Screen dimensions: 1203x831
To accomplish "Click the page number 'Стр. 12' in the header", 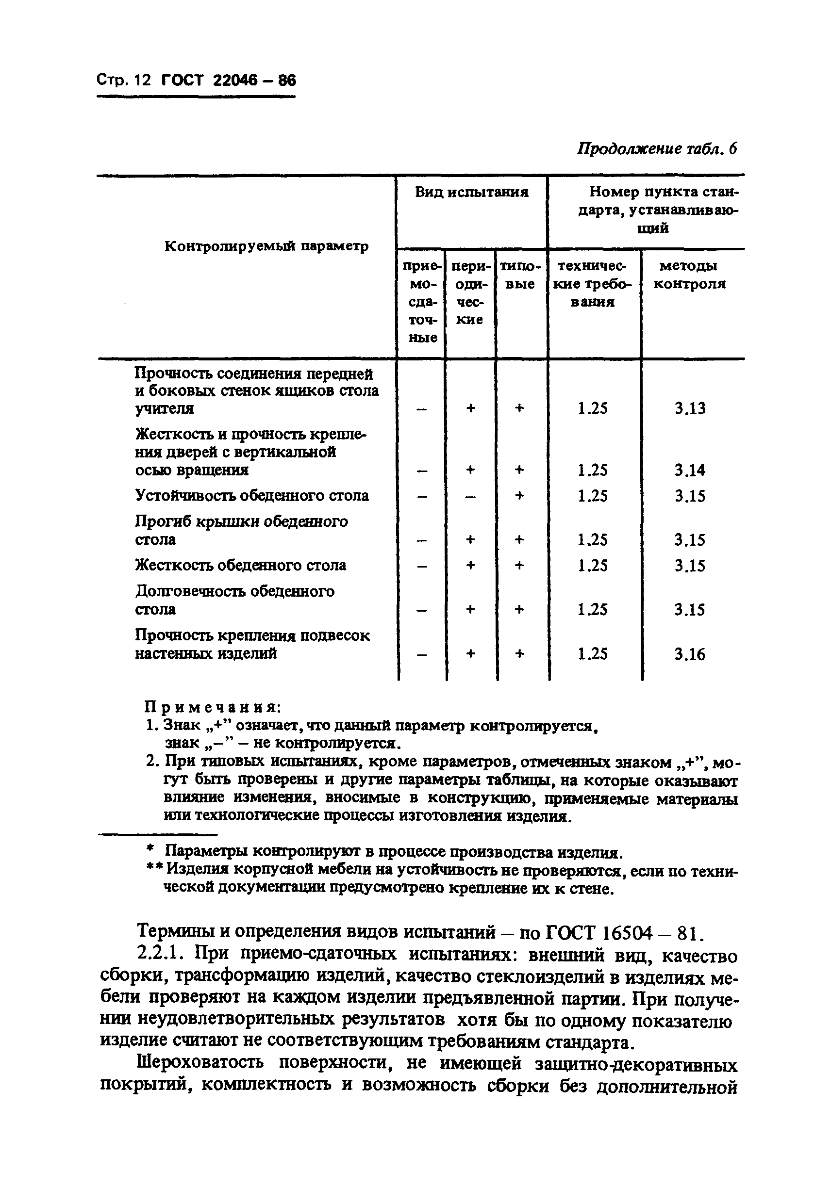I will pyautogui.click(x=123, y=80).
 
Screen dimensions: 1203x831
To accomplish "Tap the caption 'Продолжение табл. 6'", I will pyautogui.click(x=657, y=149).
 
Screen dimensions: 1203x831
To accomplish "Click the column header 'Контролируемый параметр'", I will pyautogui.click(x=266, y=246).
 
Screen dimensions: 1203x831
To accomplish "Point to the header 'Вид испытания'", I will pyautogui.click(x=471, y=192).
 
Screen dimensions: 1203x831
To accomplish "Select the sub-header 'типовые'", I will pyautogui.click(x=520, y=275).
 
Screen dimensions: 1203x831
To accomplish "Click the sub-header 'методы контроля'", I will pyautogui.click(x=689, y=275).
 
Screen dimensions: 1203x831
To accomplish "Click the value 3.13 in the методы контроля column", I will pyautogui.click(x=690, y=408).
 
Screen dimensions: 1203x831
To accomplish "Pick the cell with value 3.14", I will pyautogui.click(x=690, y=471).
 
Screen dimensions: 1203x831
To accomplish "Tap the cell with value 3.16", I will pyautogui.click(x=690, y=654).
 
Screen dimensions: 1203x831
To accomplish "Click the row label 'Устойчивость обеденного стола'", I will pyautogui.click(x=252, y=495).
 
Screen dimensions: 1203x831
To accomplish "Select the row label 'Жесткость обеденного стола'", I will pyautogui.click(x=241, y=565).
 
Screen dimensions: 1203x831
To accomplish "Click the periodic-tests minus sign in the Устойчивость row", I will pyautogui.click(x=470, y=496).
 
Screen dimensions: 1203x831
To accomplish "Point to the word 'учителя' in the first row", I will pyautogui.click(x=164, y=409).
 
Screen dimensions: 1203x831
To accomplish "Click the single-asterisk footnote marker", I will pyautogui.click(x=150, y=849).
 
